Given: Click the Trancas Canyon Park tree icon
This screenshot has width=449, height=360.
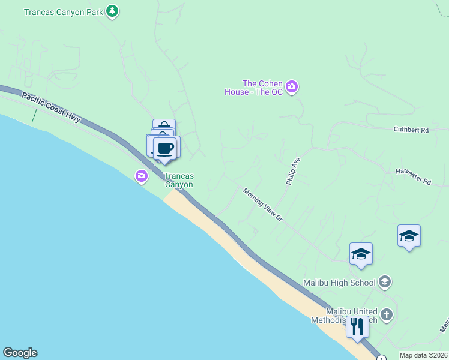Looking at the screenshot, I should (x=112, y=11).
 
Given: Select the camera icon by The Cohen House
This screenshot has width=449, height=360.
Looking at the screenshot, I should (x=292, y=88).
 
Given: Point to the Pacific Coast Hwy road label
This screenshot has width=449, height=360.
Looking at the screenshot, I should (x=51, y=108).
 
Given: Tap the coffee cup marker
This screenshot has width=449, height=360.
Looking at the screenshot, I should (x=165, y=148).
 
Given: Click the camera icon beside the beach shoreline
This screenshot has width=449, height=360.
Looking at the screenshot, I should (x=142, y=176).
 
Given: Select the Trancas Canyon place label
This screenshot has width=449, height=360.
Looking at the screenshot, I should (x=179, y=181).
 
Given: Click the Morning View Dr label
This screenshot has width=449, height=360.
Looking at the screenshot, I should (x=262, y=205).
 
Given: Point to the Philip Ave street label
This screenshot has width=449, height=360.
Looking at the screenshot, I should (x=293, y=171).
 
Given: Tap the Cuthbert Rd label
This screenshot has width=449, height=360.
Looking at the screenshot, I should (x=411, y=130).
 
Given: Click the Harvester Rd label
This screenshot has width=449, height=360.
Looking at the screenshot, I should (x=414, y=176).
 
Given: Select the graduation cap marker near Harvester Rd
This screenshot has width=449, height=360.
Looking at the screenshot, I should (x=409, y=236).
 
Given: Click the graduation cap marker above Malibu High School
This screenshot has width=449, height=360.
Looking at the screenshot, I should (x=361, y=254).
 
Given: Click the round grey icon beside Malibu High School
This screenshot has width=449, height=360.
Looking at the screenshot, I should (x=385, y=282).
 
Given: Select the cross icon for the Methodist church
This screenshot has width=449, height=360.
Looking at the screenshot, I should (x=387, y=314).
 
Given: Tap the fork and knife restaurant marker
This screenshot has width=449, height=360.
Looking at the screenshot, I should (x=357, y=327).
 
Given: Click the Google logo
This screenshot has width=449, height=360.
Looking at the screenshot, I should (x=20, y=353).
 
